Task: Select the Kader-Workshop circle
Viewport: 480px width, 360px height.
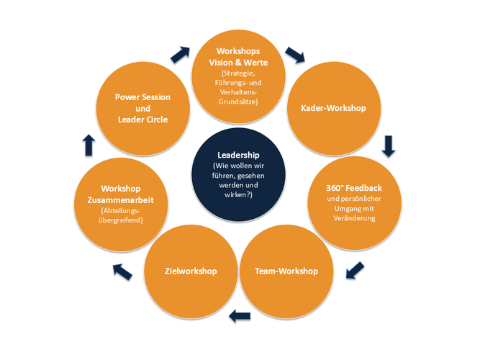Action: click(332, 109)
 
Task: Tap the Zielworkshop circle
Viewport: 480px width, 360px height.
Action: click(191, 271)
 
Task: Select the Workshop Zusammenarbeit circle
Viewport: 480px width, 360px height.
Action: click(121, 202)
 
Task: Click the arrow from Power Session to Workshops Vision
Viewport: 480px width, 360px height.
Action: click(180, 55)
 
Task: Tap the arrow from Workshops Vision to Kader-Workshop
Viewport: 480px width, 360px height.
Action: click(295, 55)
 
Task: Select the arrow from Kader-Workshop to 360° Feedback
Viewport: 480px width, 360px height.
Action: click(389, 146)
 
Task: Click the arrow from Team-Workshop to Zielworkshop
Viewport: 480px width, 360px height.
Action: click(239, 315)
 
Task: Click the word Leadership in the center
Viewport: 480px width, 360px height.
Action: click(238, 154)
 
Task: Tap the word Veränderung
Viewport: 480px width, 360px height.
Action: click(353, 218)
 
